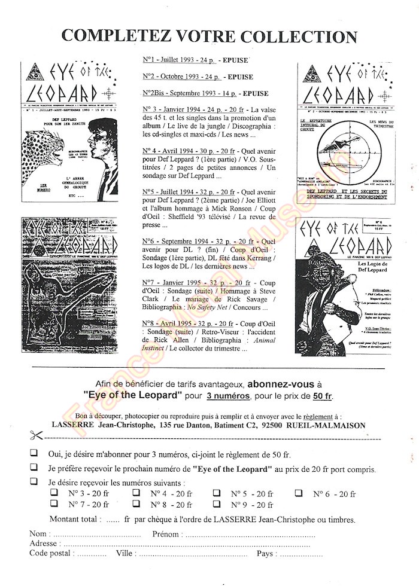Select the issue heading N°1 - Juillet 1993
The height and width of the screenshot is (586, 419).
[x=174, y=60]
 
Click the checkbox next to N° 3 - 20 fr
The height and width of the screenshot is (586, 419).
[x=54, y=493]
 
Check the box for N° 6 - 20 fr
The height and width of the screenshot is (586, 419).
[x=298, y=493]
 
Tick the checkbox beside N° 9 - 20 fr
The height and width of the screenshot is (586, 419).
[x=217, y=505]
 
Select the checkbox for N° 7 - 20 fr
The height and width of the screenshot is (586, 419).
[x=54, y=505]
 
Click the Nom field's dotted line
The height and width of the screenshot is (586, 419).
[x=96, y=533]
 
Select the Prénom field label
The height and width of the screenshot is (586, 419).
[x=167, y=533]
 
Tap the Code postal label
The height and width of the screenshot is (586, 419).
[x=51, y=553]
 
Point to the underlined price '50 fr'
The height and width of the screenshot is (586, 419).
[x=323, y=396]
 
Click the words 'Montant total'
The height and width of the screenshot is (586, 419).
[x=75, y=520]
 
